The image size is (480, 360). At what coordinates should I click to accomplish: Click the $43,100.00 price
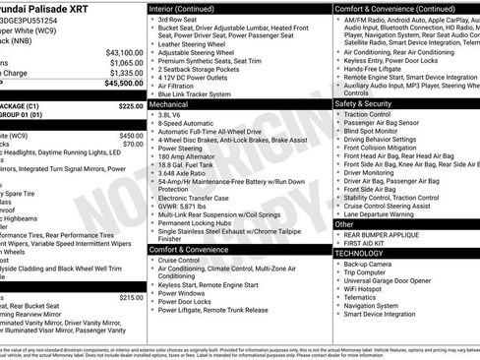(x=124, y=52)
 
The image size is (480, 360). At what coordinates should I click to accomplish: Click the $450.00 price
(x=131, y=135)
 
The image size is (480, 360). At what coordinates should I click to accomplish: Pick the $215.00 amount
(x=131, y=296)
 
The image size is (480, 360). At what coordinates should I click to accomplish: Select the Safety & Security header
(x=363, y=103)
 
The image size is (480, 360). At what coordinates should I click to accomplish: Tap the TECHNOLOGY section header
(x=358, y=253)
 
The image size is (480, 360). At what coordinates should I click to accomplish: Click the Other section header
(x=344, y=224)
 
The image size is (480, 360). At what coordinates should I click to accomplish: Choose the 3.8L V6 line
(x=175, y=113)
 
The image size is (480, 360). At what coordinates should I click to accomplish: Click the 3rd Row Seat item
(x=177, y=20)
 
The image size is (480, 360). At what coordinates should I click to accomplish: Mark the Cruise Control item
(x=185, y=260)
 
